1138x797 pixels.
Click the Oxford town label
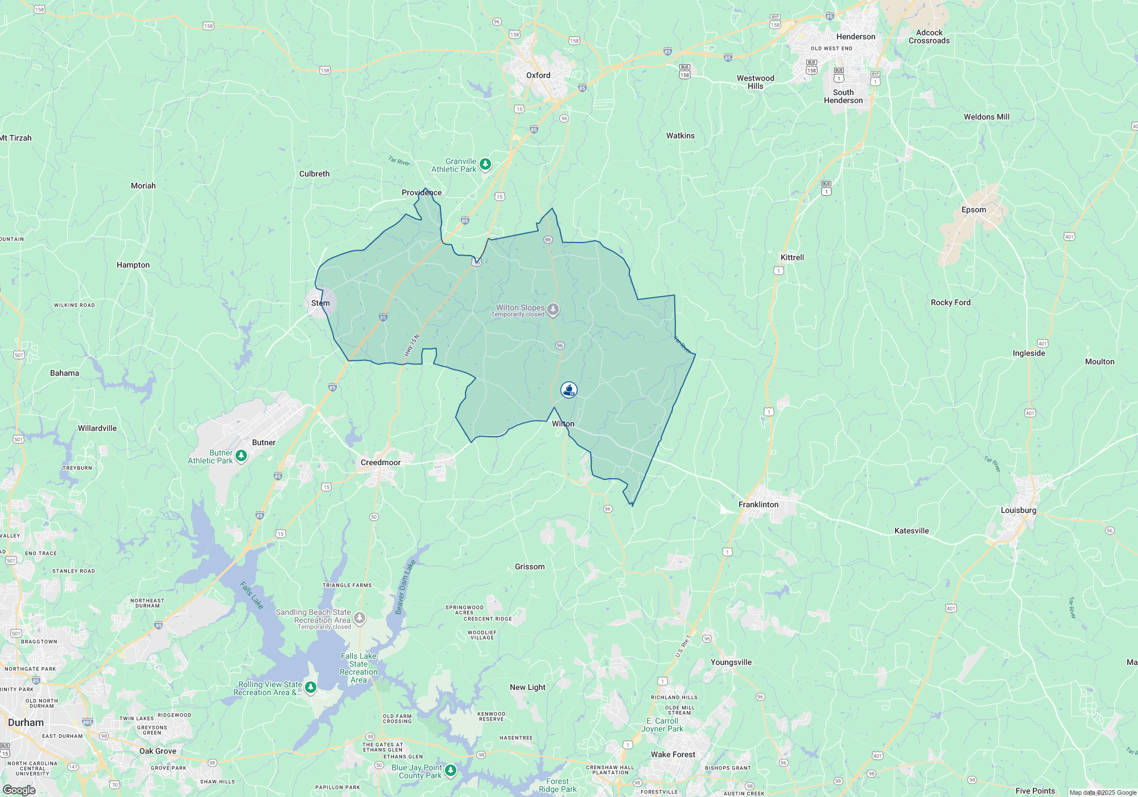[x=538, y=75]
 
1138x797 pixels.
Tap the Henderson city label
[x=855, y=36]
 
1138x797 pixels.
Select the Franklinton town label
[x=758, y=504]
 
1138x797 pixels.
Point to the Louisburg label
[x=1018, y=510]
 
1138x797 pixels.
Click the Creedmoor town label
[x=380, y=462]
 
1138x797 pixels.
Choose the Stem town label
[x=320, y=303]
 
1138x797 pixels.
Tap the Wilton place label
[x=563, y=424]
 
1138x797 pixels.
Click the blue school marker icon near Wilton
[x=568, y=390]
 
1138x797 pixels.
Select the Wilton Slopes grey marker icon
[x=553, y=310]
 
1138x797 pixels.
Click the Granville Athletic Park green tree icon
[x=485, y=165]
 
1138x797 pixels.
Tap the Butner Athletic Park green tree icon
[x=241, y=455]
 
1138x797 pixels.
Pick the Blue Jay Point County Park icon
[x=451, y=770]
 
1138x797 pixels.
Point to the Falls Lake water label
[x=251, y=595]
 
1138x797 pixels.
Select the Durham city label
[x=26, y=722]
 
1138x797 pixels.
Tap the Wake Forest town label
[x=673, y=754]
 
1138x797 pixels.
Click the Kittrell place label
[x=792, y=257]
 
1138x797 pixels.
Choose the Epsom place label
[x=974, y=209]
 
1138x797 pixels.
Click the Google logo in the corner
[x=19, y=790]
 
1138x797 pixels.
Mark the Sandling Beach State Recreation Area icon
[x=360, y=618]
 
